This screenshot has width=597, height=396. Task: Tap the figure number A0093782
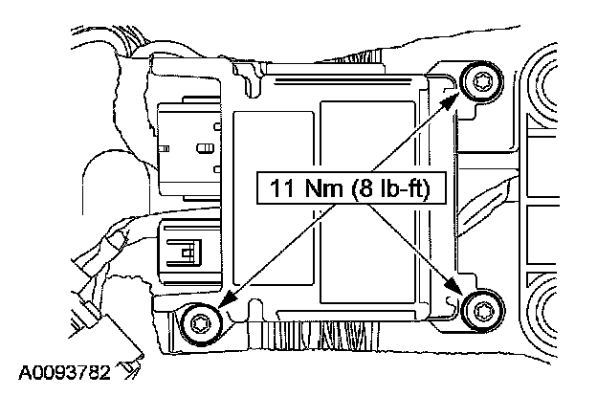click(63, 368)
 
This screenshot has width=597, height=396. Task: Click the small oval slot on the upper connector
click(203, 148)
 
